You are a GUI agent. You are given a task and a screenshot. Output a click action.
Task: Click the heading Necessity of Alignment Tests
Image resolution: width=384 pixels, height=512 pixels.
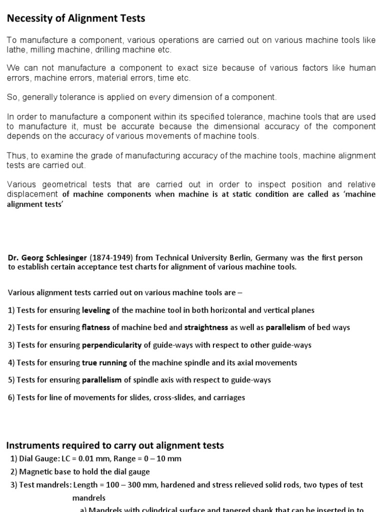(75, 19)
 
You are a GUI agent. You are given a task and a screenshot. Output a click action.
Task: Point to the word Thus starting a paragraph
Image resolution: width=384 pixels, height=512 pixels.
(16, 155)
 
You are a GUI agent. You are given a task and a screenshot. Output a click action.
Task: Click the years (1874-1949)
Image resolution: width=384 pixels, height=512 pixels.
(111, 257)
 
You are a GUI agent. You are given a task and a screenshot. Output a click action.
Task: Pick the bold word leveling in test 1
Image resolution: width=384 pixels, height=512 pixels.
(96, 310)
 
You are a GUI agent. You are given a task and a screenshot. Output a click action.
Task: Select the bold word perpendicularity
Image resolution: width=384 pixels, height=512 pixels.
(112, 345)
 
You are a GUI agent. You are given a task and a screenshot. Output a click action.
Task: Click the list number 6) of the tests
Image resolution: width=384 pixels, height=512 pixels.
(11, 397)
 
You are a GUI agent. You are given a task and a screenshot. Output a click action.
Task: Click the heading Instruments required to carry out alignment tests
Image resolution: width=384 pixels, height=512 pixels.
(114, 445)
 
